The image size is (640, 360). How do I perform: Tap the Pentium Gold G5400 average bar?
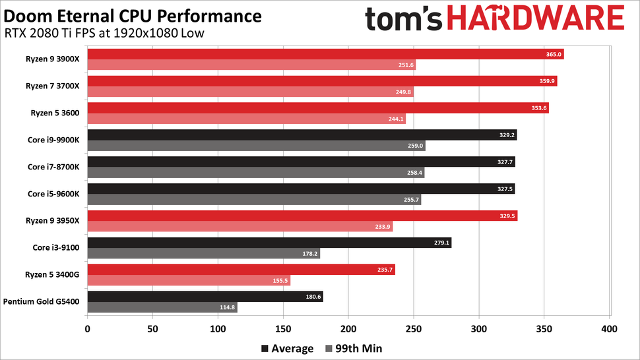pyautogui.click(x=205, y=297)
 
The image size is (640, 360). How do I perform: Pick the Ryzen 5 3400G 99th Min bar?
pyautogui.click(x=188, y=280)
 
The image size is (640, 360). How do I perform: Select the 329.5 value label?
pyautogui.click(x=506, y=216)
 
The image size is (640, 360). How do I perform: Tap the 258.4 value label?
pyautogui.click(x=413, y=173)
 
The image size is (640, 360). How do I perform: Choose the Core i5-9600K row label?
pyautogui.click(x=53, y=194)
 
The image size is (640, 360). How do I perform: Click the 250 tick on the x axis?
pyautogui.click(x=413, y=328)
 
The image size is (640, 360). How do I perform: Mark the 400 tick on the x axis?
pyautogui.click(x=609, y=328)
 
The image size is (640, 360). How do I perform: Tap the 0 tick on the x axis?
pyautogui.click(x=87, y=328)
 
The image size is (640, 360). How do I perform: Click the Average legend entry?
pyautogui.click(x=288, y=348)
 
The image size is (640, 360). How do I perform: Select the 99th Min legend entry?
pyautogui.click(x=354, y=348)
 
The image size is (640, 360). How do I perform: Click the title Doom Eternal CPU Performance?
pyautogui.click(x=133, y=15)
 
